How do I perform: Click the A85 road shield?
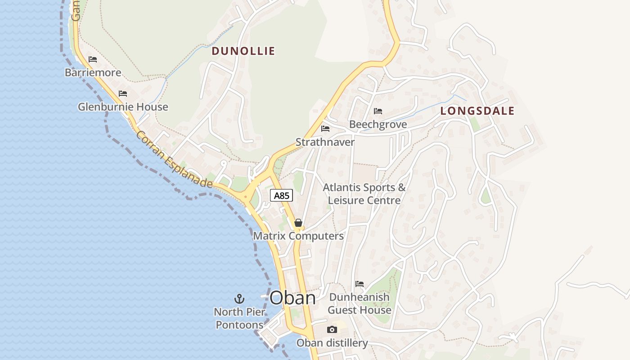point(282,195)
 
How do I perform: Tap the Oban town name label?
point(292,298)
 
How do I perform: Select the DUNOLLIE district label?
point(243,51)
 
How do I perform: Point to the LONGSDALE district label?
point(477,111)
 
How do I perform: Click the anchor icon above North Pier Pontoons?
point(239,298)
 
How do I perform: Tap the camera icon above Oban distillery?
point(332,329)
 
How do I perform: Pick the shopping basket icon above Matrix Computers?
point(298,223)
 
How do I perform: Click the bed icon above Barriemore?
point(93,59)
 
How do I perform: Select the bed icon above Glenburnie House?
point(123,94)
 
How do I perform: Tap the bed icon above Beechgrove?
point(378,111)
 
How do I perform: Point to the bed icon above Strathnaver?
point(325,129)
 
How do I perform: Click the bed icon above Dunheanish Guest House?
point(360,284)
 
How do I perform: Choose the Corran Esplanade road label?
point(175,160)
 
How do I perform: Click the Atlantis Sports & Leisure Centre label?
point(364,193)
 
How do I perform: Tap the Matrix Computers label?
point(298,236)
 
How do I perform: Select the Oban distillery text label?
point(332,343)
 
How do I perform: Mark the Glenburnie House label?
point(123,107)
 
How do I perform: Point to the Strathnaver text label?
point(325,142)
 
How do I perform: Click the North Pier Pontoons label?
point(239,318)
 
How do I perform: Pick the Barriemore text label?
point(93,72)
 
